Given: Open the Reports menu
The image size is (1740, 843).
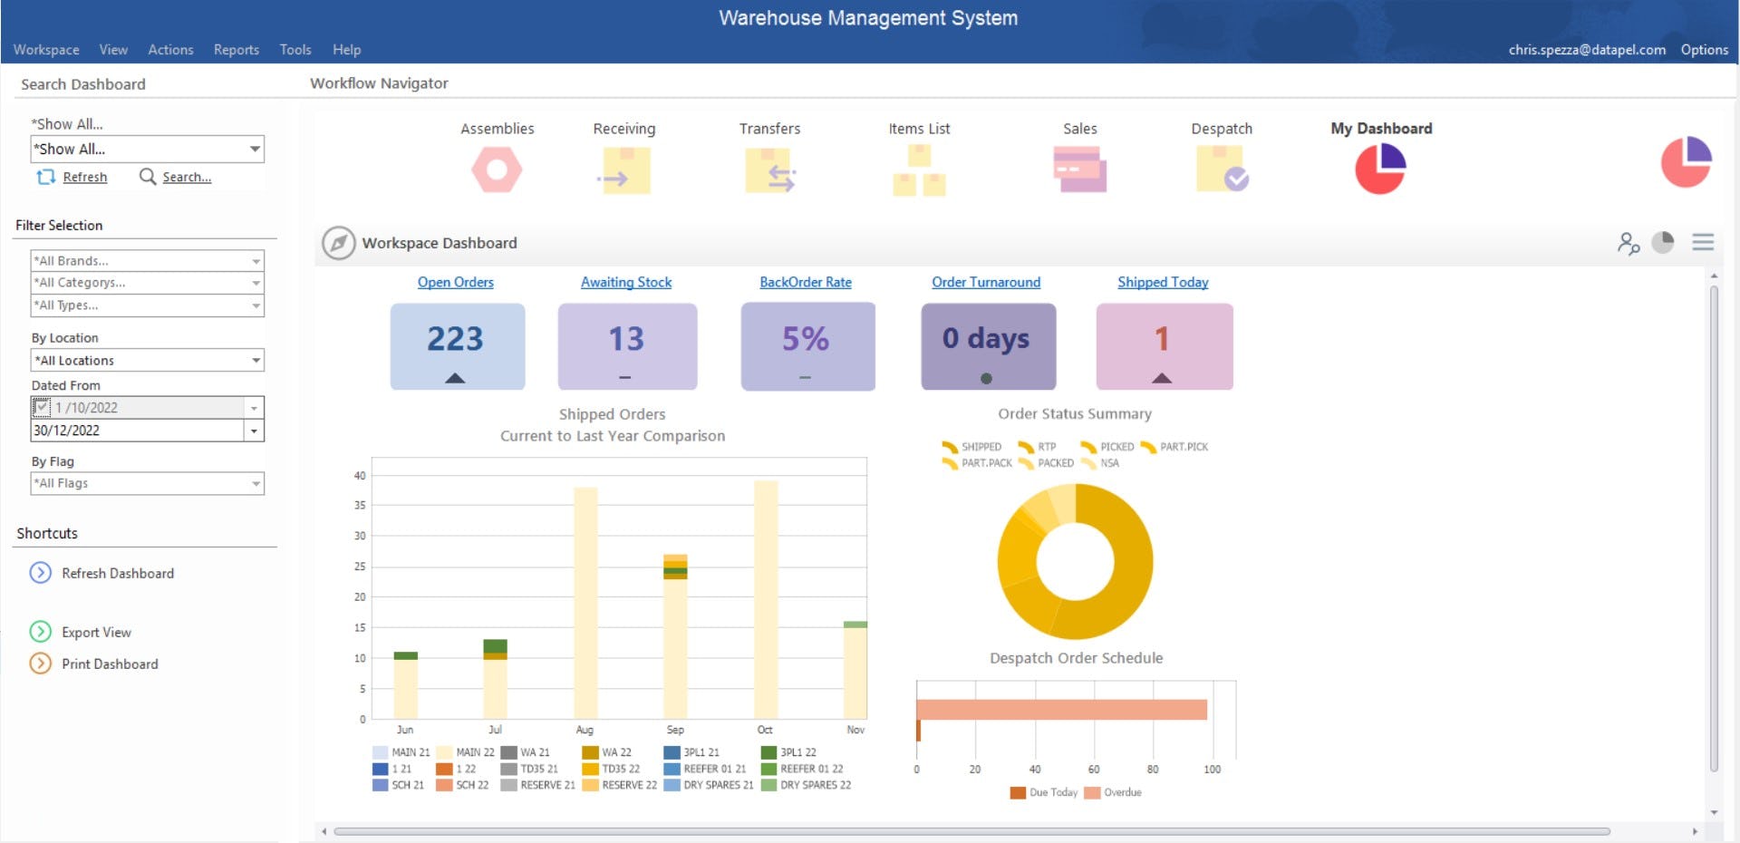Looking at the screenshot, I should pyautogui.click(x=236, y=50).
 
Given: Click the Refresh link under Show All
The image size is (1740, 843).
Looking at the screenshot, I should pyautogui.click(x=84, y=177).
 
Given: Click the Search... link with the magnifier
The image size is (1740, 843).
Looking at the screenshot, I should pyautogui.click(x=186, y=177).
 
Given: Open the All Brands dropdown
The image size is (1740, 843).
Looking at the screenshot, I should pyautogui.click(x=147, y=260).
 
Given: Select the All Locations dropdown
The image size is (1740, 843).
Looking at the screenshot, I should pyautogui.click(x=147, y=360).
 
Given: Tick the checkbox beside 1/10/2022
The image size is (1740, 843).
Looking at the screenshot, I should pyautogui.click(x=41, y=407).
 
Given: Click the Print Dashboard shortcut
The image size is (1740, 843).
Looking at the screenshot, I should pyautogui.click(x=109, y=664).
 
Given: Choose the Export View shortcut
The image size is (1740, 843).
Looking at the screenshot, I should pyautogui.click(x=96, y=632).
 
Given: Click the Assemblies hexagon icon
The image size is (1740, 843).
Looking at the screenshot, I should pyautogui.click(x=497, y=170).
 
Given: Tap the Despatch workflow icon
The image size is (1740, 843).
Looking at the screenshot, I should pyautogui.click(x=1222, y=169).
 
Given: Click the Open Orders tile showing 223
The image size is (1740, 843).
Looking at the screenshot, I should pyautogui.click(x=457, y=346).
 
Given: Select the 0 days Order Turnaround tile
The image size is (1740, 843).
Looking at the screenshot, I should pyautogui.click(x=988, y=346).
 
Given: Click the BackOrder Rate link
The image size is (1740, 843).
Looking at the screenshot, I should pyautogui.click(x=805, y=282).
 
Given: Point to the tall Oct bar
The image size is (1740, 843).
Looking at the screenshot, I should pyautogui.click(x=766, y=598).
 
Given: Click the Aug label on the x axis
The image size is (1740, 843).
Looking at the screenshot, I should pyautogui.click(x=585, y=730).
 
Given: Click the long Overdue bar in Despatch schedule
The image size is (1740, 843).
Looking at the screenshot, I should pyautogui.click(x=1060, y=709).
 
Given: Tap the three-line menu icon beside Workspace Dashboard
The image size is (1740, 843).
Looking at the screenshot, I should pyautogui.click(x=1703, y=242).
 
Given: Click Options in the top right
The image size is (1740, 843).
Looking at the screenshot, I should pyautogui.click(x=1704, y=50).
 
